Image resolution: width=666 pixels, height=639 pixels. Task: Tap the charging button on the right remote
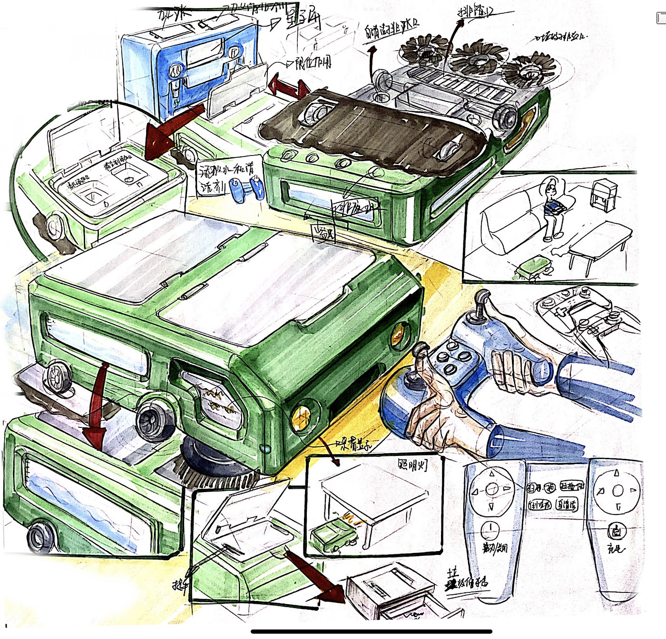(617, 531)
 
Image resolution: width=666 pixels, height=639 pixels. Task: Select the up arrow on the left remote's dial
(492, 474)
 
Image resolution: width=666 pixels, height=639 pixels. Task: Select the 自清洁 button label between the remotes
(567, 504)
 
